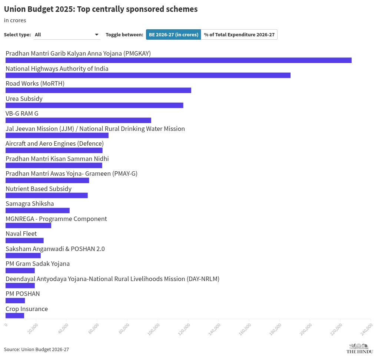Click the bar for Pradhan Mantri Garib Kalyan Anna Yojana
pyautogui.click(x=178, y=60)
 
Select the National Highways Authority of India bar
pyautogui.click(x=148, y=75)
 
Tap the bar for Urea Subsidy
pyautogui.click(x=94, y=105)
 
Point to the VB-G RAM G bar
pyautogui.click(x=78, y=120)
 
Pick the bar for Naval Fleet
pyautogui.click(x=24, y=240)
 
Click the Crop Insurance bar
pyautogui.click(x=15, y=316)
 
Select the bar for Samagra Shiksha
pyautogui.click(x=37, y=210)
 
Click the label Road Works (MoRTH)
pyautogui.click(x=35, y=83)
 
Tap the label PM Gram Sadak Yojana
pyautogui.click(x=37, y=264)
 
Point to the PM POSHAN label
pyautogui.click(x=23, y=294)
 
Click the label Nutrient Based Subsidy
pyautogui.click(x=39, y=189)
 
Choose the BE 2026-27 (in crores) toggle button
pyautogui.click(x=173, y=34)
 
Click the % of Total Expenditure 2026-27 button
pyautogui.click(x=239, y=34)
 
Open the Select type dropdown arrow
pyautogui.click(x=97, y=34)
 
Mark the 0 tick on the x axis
pyautogui.click(x=6, y=325)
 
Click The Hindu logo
pyautogui.click(x=359, y=349)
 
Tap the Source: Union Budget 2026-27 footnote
pyautogui.click(x=36, y=349)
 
